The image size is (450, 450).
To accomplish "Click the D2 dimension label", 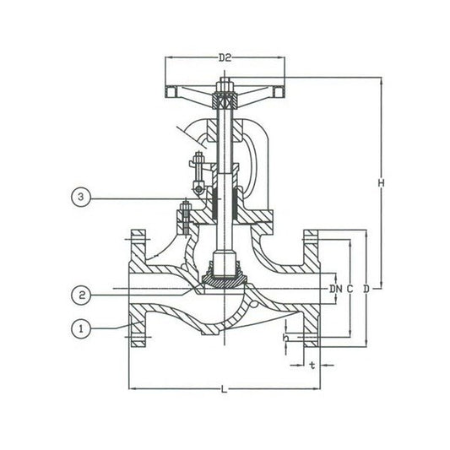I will [x=225, y=57].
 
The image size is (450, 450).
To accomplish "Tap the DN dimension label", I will [x=335, y=289].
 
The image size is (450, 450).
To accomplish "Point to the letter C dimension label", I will [x=350, y=289].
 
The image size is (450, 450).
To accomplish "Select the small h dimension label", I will [x=287, y=339].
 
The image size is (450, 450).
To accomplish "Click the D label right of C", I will [x=366, y=289].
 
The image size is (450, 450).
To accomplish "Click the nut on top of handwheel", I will [x=225, y=86].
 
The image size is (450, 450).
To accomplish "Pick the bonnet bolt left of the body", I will [x=184, y=215].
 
